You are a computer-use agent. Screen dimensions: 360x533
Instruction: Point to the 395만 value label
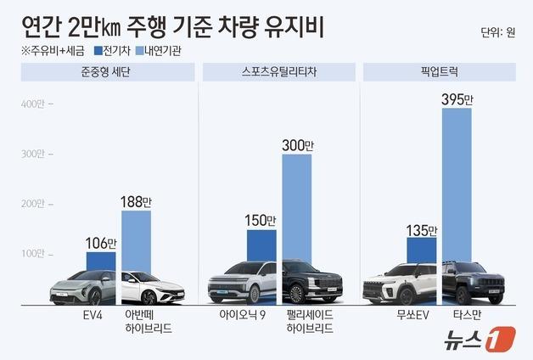click(457, 99)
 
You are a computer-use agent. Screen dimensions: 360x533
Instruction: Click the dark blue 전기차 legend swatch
click(98, 51)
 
